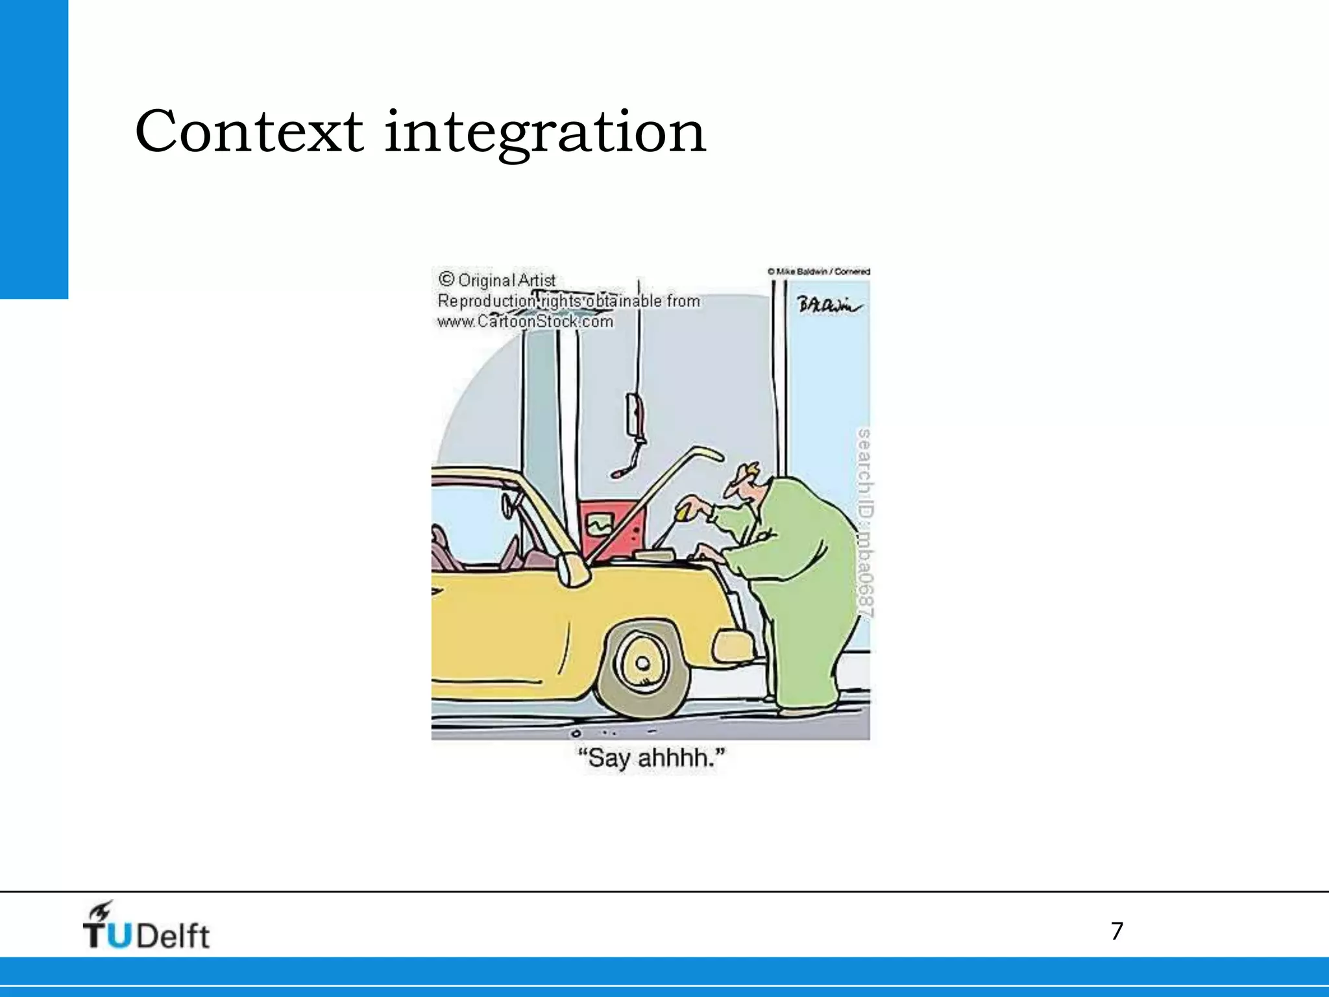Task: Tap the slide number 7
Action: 1117,931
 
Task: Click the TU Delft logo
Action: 146,927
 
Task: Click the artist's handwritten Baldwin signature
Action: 829,305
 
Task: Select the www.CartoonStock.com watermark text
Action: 525,322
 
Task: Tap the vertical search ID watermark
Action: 864,523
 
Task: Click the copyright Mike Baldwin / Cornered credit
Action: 818,271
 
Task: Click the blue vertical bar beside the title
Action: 34,149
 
